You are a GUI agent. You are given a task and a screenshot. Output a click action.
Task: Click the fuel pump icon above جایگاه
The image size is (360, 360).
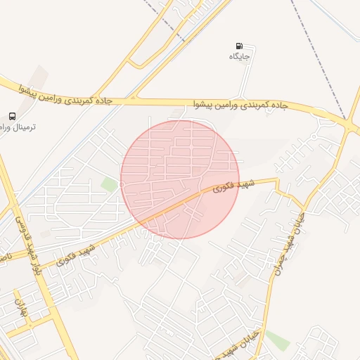(x=240, y=46)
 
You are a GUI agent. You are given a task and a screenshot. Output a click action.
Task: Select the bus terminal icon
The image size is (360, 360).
(x=12, y=116)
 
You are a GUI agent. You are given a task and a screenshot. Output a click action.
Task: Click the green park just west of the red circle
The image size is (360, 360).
(x=109, y=184)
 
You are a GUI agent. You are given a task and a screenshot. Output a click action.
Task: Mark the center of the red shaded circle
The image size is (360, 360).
(x=180, y=179)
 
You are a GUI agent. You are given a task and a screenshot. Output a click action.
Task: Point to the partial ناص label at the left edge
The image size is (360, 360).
(x=4, y=257)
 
